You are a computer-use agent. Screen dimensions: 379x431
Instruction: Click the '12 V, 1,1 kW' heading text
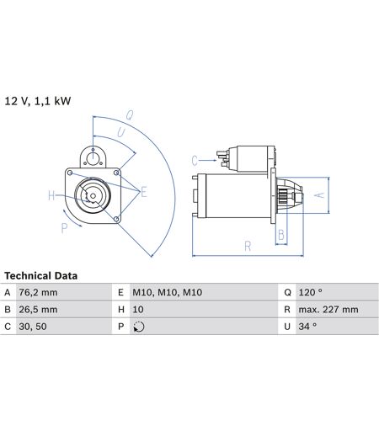[38, 101]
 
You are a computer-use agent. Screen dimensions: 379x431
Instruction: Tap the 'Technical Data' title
[40, 276]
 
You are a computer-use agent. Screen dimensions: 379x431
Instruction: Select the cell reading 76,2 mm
[38, 292]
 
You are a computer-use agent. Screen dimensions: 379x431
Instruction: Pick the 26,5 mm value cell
[38, 310]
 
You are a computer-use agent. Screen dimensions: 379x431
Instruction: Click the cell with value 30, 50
[33, 327]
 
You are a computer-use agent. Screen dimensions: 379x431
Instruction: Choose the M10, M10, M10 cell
[168, 292]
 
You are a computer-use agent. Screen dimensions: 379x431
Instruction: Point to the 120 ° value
[311, 292]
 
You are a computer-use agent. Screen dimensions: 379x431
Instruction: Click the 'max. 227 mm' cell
[328, 310]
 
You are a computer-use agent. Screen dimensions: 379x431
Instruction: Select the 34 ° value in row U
[307, 327]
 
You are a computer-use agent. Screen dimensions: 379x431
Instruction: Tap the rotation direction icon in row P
[139, 327]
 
